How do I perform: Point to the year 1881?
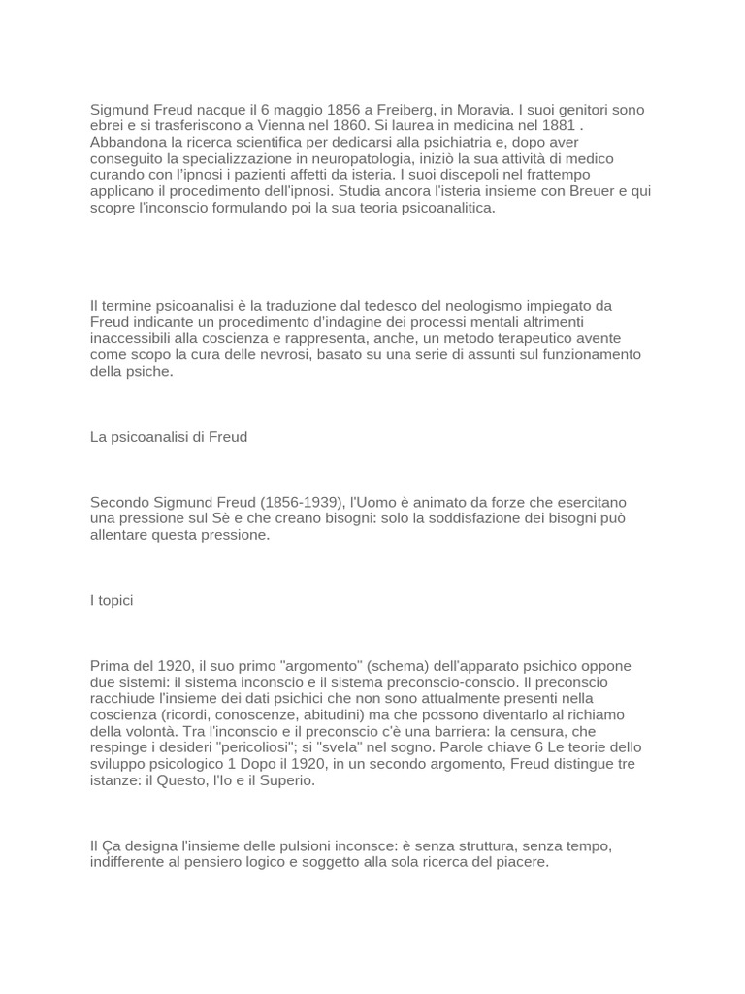pyautogui.click(x=557, y=126)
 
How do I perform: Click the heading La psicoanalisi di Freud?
pyautogui.click(x=169, y=437)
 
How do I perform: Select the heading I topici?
pyautogui.click(x=112, y=601)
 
